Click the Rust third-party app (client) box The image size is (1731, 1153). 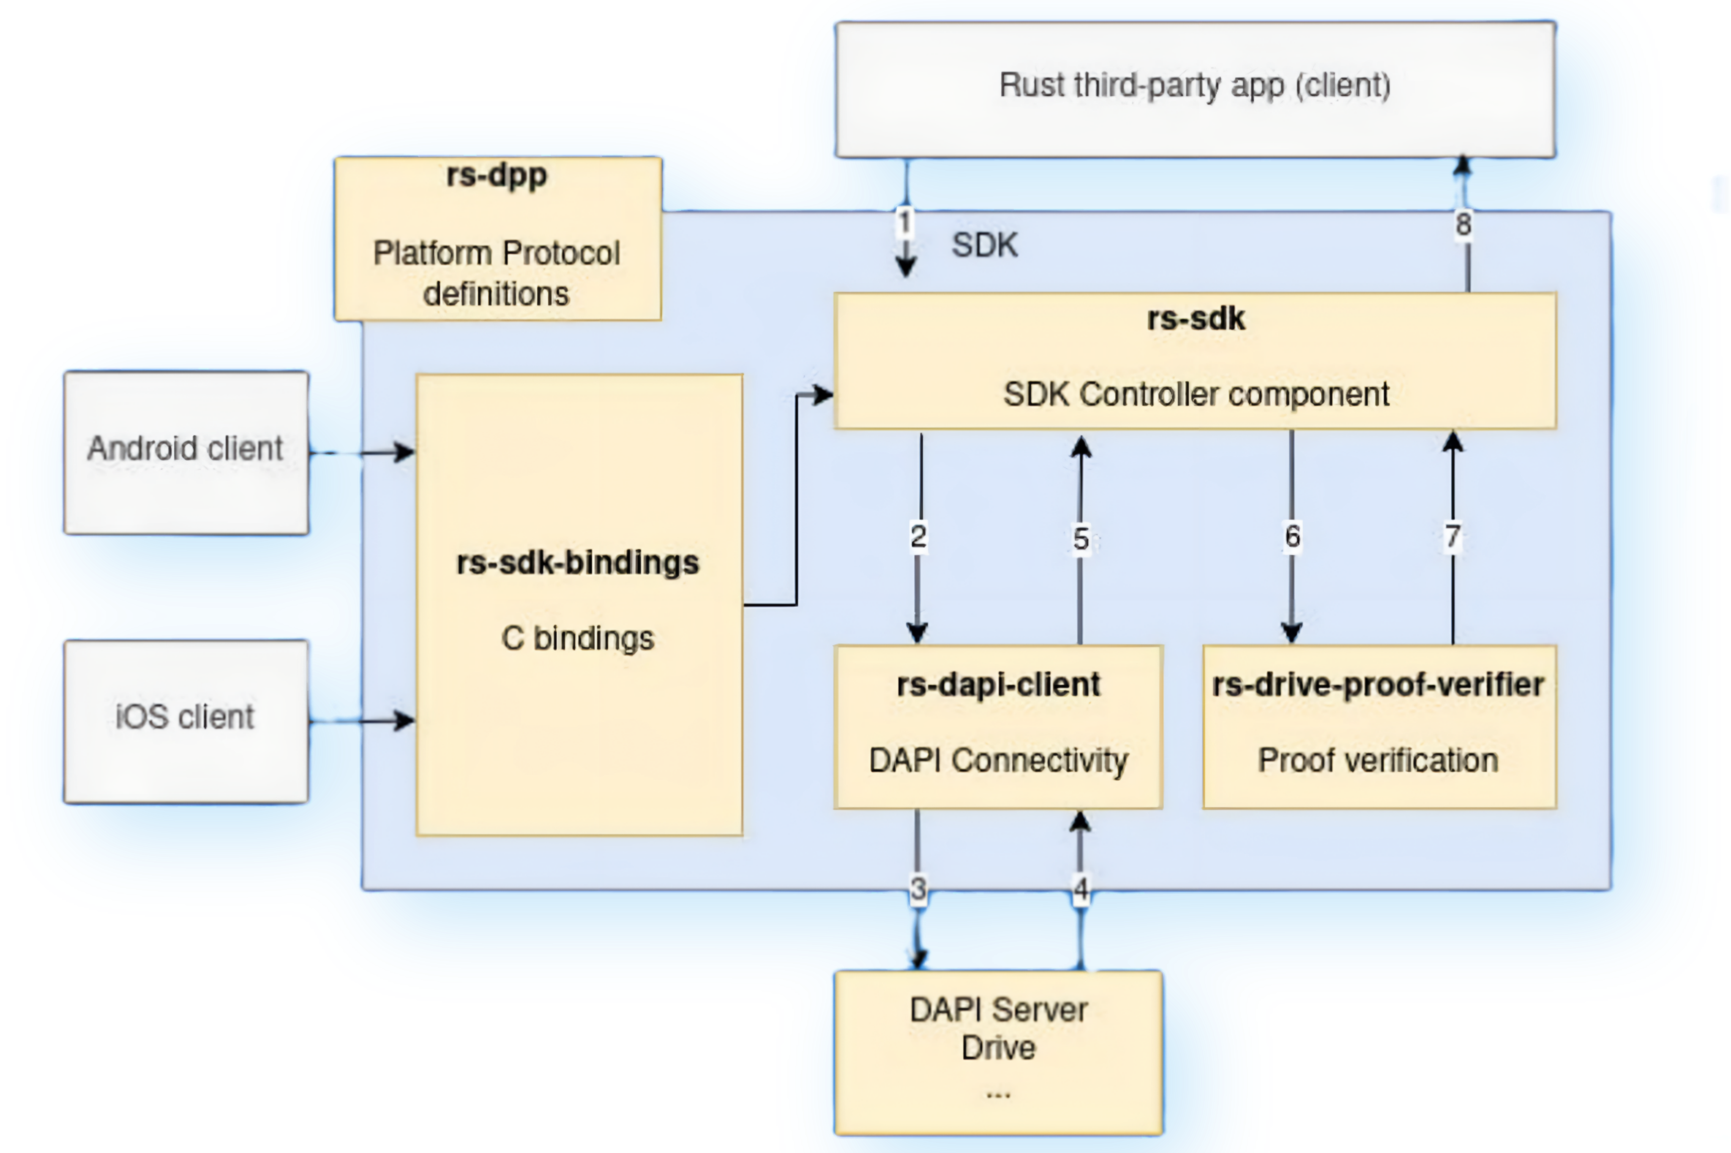[1195, 88]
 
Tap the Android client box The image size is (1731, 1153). [186, 452]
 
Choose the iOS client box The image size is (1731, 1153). [186, 721]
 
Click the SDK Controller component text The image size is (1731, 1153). [1196, 394]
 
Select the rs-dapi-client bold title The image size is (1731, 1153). [998, 685]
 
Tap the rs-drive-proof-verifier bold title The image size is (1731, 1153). [1378, 685]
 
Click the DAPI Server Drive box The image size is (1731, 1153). [998, 1052]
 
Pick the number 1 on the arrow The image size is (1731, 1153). [905, 222]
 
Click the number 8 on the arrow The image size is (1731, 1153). [1463, 224]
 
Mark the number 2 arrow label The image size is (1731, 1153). [917, 536]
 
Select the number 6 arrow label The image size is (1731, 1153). [1292, 536]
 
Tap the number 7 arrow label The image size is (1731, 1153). [1452, 536]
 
